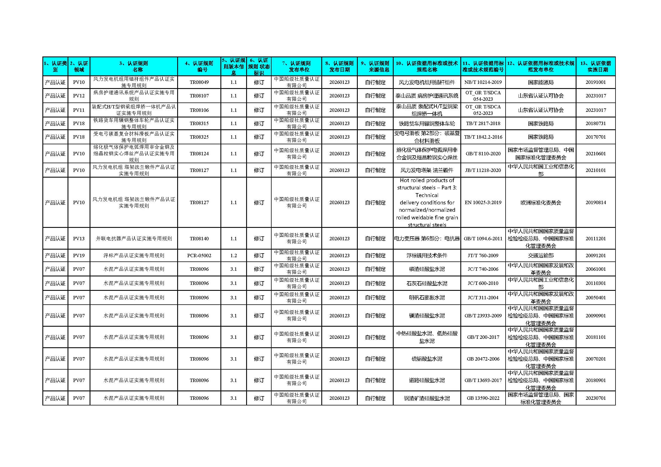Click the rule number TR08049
[x=199, y=82]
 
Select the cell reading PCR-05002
[x=199, y=255]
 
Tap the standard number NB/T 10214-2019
[x=483, y=82]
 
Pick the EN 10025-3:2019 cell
[x=483, y=202]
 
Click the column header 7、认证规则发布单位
[x=296, y=66]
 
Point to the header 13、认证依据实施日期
[x=595, y=66]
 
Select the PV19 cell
[x=79, y=255]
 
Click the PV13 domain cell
[x=79, y=238]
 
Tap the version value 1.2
[x=233, y=255]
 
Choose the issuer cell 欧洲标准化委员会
[x=540, y=202]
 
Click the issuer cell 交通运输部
[x=540, y=255]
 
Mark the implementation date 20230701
[x=595, y=398]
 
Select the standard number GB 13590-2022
[x=483, y=398]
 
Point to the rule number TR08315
[x=199, y=123]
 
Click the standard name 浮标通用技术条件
[x=427, y=255]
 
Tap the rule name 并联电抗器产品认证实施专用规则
[x=134, y=238]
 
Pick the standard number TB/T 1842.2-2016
[x=483, y=137]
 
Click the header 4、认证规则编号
[x=199, y=66]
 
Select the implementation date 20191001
[x=595, y=82]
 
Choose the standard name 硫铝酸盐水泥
[x=427, y=359]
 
